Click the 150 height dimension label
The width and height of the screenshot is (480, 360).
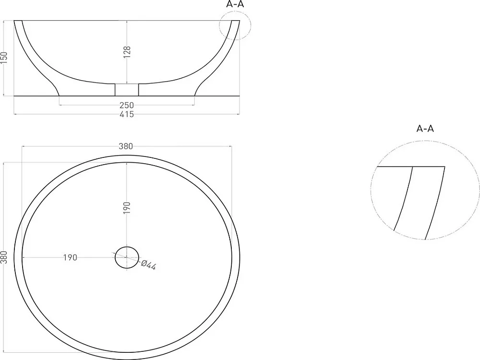[4, 58]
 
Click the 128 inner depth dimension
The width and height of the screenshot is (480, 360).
[127, 52]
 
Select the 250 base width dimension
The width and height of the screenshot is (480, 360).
[127, 105]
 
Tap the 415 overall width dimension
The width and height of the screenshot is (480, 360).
[127, 114]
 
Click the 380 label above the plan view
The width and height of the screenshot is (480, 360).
[126, 146]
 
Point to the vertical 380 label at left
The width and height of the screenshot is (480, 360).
[4, 257]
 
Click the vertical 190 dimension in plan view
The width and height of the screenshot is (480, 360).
[127, 208]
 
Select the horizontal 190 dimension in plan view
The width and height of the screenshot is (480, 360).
[70, 257]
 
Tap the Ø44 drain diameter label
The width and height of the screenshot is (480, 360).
[149, 265]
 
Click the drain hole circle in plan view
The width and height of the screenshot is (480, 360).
[127, 247]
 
